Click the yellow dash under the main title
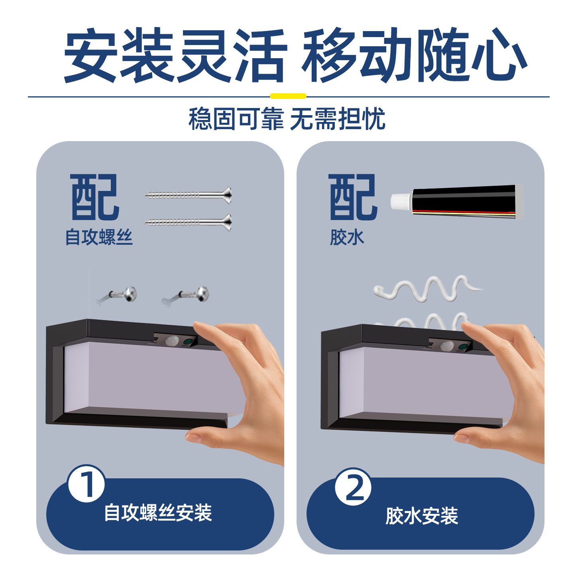click(288, 96)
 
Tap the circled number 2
click(353, 486)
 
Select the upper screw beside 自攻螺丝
click(188, 195)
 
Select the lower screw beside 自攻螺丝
click(188, 222)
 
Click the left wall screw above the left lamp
click(117, 295)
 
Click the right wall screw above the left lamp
click(186, 295)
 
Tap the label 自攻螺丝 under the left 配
click(99, 237)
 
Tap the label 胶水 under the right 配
click(347, 238)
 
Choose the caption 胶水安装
click(421, 516)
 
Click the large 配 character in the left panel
click(95, 197)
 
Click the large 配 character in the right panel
click(353, 197)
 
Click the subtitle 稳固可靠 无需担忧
click(287, 119)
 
